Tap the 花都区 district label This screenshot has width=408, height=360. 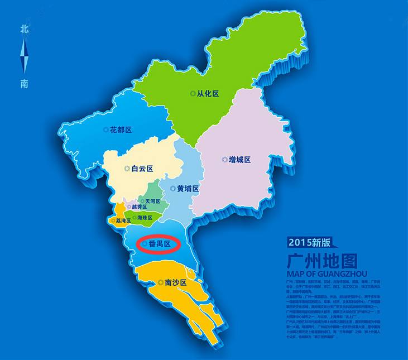[x=121, y=129]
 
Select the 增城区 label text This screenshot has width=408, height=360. [x=239, y=160]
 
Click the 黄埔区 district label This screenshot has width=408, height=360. [x=188, y=189]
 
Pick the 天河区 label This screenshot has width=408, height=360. [x=153, y=201]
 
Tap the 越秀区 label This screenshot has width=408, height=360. [x=140, y=207]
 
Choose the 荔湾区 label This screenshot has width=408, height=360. [x=123, y=220]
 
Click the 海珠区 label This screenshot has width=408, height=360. [x=145, y=218]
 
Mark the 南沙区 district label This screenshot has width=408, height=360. [x=175, y=282]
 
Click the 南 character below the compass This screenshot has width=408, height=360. [x=24, y=84]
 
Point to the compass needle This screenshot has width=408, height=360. [x=24, y=56]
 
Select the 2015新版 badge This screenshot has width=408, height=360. [x=310, y=242]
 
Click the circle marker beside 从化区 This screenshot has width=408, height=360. [x=193, y=94]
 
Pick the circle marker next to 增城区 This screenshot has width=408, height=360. [x=224, y=160]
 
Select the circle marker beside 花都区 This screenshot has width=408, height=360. [x=105, y=129]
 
